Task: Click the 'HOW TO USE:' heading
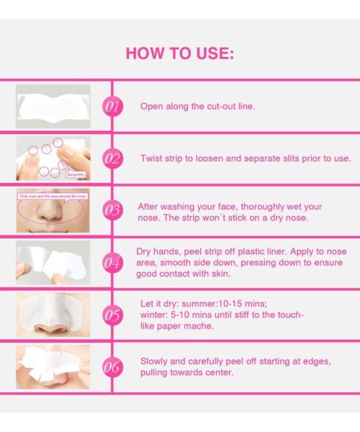179,53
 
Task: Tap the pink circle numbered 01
112,107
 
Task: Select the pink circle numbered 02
112,158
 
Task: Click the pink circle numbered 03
112,210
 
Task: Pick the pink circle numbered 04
112,262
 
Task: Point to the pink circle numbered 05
112,315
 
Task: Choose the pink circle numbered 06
112,366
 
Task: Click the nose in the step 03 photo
53,214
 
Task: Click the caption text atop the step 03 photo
52,195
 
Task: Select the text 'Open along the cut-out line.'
197,107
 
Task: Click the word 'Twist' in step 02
152,158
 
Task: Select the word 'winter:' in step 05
154,315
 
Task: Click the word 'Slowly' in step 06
156,361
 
